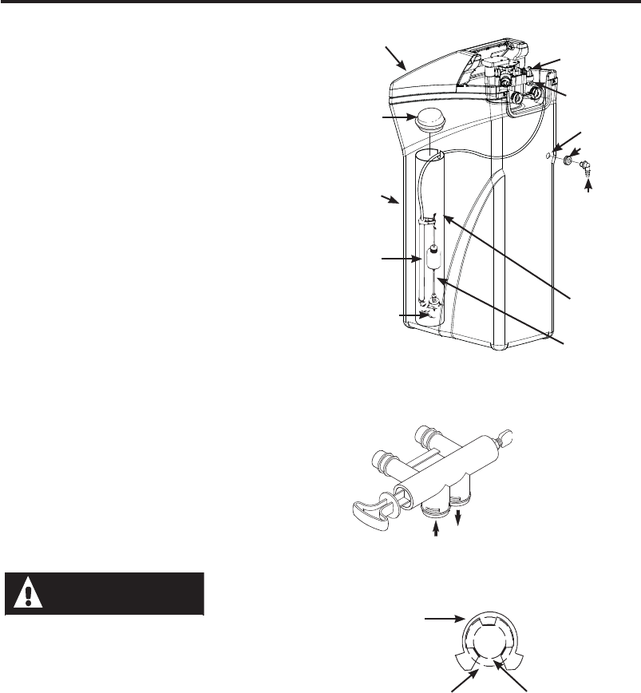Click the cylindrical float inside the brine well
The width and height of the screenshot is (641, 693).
click(x=434, y=260)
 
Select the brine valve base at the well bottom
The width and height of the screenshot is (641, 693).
click(x=432, y=313)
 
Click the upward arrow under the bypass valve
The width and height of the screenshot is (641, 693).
click(x=438, y=530)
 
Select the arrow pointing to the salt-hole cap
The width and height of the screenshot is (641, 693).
click(x=395, y=119)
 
